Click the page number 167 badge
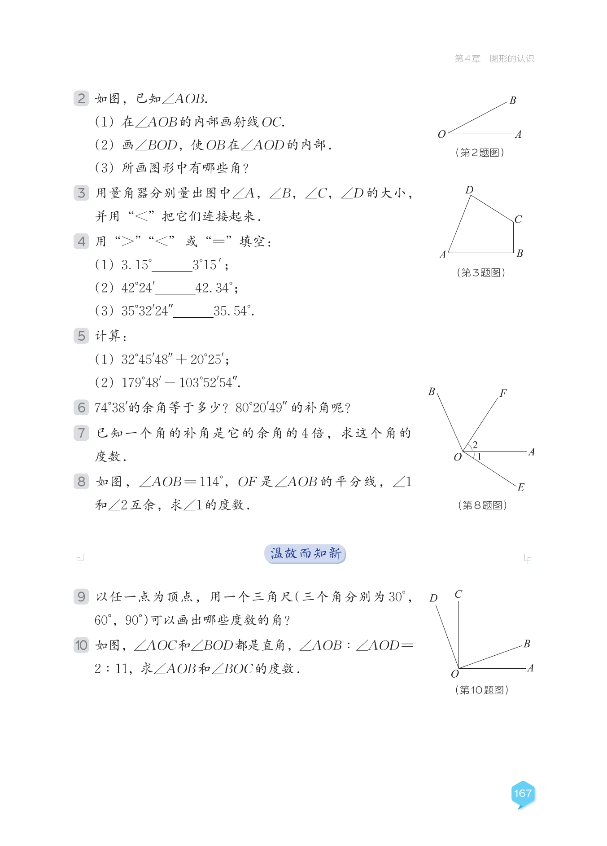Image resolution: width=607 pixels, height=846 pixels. click(x=523, y=793)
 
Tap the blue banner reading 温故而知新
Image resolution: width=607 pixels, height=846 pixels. click(x=305, y=553)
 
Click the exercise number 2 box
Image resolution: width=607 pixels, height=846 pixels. click(x=81, y=98)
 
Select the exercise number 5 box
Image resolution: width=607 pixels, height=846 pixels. click(x=81, y=336)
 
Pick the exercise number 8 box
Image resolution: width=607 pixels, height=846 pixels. click(x=81, y=482)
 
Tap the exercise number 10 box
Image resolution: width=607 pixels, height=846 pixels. click(x=81, y=645)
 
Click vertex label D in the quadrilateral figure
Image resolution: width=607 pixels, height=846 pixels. click(x=469, y=190)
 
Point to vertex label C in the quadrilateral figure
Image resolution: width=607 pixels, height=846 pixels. click(x=518, y=219)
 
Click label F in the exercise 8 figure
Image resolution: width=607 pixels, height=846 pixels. click(x=503, y=393)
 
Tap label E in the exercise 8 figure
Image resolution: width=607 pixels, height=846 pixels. click(x=520, y=487)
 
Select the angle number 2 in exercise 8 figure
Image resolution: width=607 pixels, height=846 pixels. click(x=475, y=444)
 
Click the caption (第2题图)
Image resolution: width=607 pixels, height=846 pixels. click(x=480, y=153)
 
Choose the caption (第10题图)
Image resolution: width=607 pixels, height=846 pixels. click(x=481, y=690)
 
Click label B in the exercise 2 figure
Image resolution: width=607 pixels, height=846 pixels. click(x=513, y=101)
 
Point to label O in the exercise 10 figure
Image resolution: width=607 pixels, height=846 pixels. click(x=455, y=674)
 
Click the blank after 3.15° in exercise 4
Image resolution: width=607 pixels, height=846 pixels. click(x=172, y=266)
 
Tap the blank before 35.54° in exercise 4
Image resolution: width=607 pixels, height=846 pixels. click(x=193, y=312)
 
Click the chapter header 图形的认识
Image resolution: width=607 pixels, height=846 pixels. click(x=512, y=59)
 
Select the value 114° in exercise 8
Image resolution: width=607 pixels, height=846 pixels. click(x=211, y=482)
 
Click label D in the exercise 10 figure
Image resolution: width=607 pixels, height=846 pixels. click(x=433, y=598)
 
